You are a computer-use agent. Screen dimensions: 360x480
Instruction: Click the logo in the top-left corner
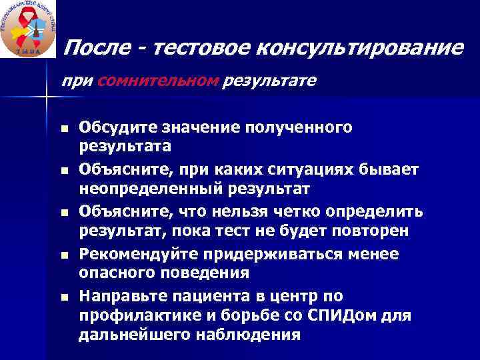tap(28, 29)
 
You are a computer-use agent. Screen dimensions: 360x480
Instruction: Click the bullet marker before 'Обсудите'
tap(64, 128)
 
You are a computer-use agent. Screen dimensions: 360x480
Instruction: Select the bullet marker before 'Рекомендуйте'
tap(64, 255)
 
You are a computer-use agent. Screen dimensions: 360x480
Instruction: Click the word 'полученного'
tap(314, 127)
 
